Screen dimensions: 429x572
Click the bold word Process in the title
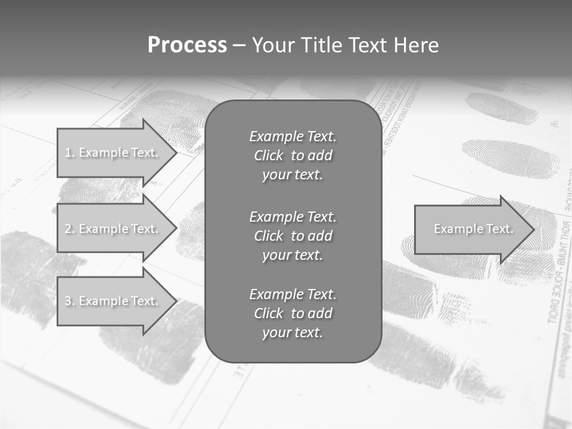187,45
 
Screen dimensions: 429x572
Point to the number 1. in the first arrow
70,153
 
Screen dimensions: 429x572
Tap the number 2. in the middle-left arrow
70,229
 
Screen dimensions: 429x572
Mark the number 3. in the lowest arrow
70,301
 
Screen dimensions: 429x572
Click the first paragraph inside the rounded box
293,156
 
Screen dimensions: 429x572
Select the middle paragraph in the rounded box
293,235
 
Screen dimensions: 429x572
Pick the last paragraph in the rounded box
293,313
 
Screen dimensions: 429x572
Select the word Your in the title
273,45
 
